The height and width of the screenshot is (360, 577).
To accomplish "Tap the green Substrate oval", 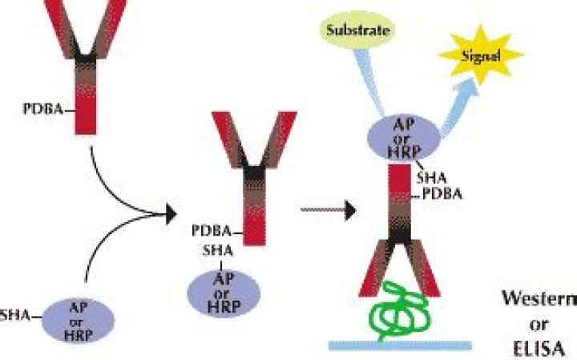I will pos(357,33).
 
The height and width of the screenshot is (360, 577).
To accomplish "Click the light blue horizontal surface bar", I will pos(401,345).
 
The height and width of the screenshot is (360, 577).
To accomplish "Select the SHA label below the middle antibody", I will pos(216,251).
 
